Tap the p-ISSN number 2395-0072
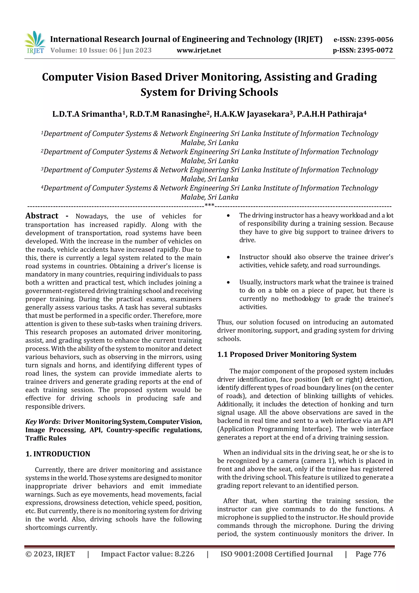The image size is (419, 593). tap(375, 50)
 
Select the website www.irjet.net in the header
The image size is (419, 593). tap(199, 50)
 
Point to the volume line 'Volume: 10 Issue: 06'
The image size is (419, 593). tap(84, 50)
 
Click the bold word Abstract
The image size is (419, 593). tap(42, 216)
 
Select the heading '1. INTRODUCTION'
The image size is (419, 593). tap(58, 454)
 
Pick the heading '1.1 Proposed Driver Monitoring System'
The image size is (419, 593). tap(287, 354)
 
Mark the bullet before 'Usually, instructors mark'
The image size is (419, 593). tap(228, 282)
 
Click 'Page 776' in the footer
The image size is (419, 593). tap(371, 554)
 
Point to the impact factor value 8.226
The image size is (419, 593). tap(184, 554)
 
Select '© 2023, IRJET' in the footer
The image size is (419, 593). tap(50, 554)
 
